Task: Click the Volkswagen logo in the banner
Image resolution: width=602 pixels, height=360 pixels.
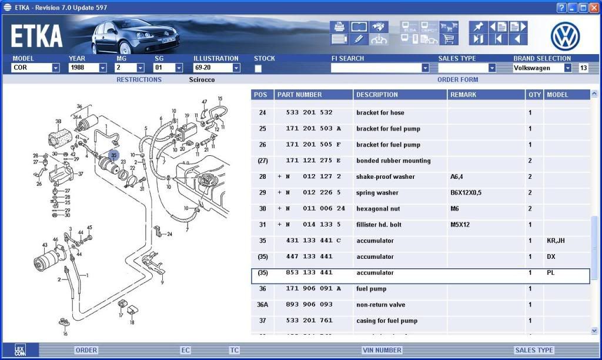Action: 565,36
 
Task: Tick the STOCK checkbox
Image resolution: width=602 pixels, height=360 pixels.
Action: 258,69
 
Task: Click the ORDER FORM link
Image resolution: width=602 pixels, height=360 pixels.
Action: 457,79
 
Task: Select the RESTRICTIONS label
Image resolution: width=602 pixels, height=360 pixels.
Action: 139,79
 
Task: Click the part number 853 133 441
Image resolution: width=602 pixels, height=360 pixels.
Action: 309,273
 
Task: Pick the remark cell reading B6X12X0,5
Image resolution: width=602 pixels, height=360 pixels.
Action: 466,193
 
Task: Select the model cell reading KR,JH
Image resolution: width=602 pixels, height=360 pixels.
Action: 555,241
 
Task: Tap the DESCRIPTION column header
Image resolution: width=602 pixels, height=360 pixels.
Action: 377,95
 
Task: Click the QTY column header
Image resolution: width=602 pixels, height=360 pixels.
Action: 534,95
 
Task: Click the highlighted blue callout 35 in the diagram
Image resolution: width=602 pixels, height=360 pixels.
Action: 113,155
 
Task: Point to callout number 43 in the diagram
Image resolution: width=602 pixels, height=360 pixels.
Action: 45,245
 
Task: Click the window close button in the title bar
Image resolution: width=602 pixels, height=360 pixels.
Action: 594,8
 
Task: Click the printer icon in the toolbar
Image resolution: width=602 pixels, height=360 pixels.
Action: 339,26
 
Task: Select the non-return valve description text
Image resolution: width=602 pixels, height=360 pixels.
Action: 380,305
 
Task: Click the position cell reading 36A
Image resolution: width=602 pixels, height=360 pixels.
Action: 262,305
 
